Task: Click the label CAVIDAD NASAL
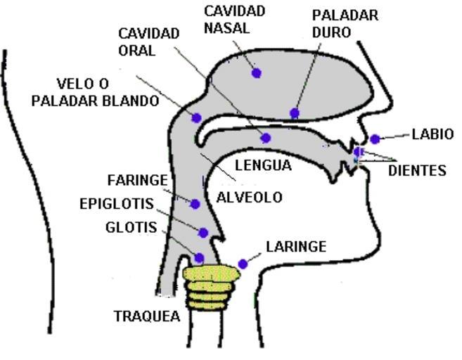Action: coord(234,19)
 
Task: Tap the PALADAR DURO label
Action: coord(345,23)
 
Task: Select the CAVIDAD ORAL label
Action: coord(148,41)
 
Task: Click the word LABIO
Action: coord(432,134)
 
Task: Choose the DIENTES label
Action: coord(417,170)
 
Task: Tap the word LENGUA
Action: coord(263,166)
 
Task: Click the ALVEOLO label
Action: coord(249,198)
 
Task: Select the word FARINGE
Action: coord(138,181)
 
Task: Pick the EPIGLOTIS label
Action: coord(116,204)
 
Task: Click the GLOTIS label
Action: coord(130,227)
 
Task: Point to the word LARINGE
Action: coord(296,246)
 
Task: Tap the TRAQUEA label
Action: coord(147,316)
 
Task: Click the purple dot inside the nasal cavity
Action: coord(257,72)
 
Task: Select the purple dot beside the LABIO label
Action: coord(376,139)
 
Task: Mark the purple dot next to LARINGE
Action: coord(243,264)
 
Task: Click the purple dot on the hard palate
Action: coord(295,113)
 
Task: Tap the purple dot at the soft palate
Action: coord(197,117)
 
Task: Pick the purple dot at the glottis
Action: coord(199,258)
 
